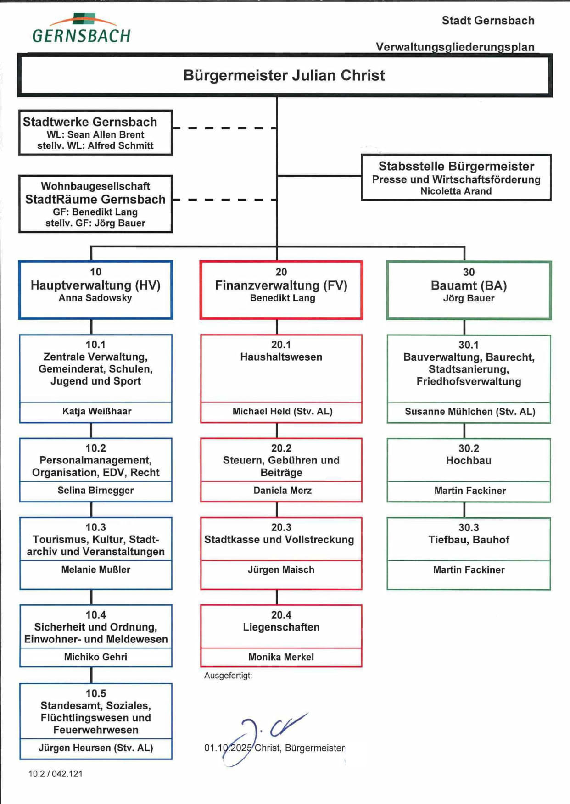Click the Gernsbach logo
click(82, 29)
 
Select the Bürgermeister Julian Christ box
click(285, 76)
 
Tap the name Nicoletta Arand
click(456, 191)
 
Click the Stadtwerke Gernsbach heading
click(90, 122)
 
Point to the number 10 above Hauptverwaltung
click(95, 272)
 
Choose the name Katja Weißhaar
click(96, 411)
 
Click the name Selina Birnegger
click(95, 491)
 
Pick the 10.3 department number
click(95, 527)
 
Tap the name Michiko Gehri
click(95, 657)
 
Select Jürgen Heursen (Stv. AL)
click(95, 748)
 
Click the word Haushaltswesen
click(281, 357)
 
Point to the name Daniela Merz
click(282, 491)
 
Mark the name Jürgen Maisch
click(281, 570)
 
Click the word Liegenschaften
click(281, 627)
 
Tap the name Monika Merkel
click(281, 657)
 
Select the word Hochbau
click(469, 461)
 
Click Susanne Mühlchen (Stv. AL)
click(470, 412)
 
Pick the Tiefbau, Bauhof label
click(469, 540)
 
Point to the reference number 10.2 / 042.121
click(56, 774)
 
